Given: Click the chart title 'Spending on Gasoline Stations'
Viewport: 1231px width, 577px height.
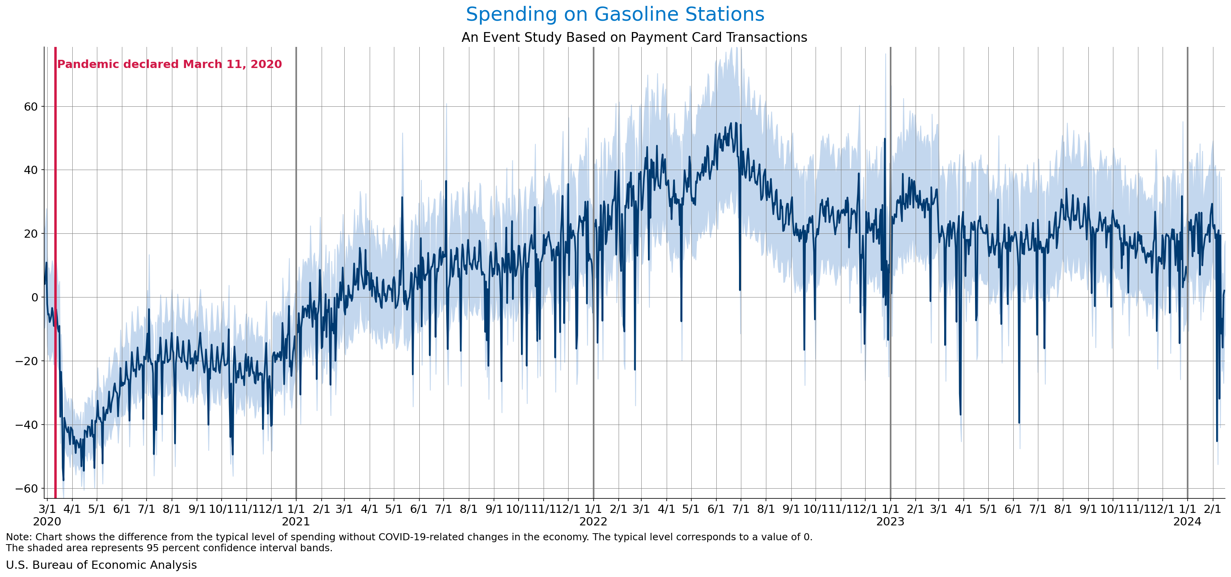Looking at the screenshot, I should pyautogui.click(x=615, y=14).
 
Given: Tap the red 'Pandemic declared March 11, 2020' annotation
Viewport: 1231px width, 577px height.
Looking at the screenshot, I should pyautogui.click(x=169, y=64).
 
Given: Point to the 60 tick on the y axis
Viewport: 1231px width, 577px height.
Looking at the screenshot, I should pyautogui.click(x=30, y=107).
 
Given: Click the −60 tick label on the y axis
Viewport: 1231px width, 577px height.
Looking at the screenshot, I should pyautogui.click(x=27, y=489).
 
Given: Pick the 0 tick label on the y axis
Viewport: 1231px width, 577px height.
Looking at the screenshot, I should pyautogui.click(x=34, y=297).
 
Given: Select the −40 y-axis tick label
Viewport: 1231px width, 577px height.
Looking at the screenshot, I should pyautogui.click(x=27, y=425).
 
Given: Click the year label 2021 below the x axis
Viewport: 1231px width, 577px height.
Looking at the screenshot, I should pyautogui.click(x=296, y=521).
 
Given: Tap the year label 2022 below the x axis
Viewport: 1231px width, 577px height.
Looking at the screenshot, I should pyautogui.click(x=593, y=521).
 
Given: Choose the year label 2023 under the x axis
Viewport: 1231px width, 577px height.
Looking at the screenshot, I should pyautogui.click(x=890, y=521).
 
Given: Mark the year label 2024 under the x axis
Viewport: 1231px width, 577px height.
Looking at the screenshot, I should pyautogui.click(x=1187, y=521).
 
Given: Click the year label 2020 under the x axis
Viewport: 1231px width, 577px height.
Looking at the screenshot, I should pyautogui.click(x=47, y=521).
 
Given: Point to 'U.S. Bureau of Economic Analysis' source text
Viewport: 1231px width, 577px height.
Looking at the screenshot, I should pyautogui.click(x=101, y=565).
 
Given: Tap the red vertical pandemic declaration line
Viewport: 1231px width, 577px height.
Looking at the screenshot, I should pyautogui.click(x=55, y=287).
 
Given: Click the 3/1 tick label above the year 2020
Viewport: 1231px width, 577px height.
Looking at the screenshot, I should pyautogui.click(x=47, y=509).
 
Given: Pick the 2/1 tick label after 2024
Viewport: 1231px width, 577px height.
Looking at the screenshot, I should pyautogui.click(x=1212, y=509).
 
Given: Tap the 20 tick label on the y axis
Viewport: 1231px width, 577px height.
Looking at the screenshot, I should pyautogui.click(x=30, y=234).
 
